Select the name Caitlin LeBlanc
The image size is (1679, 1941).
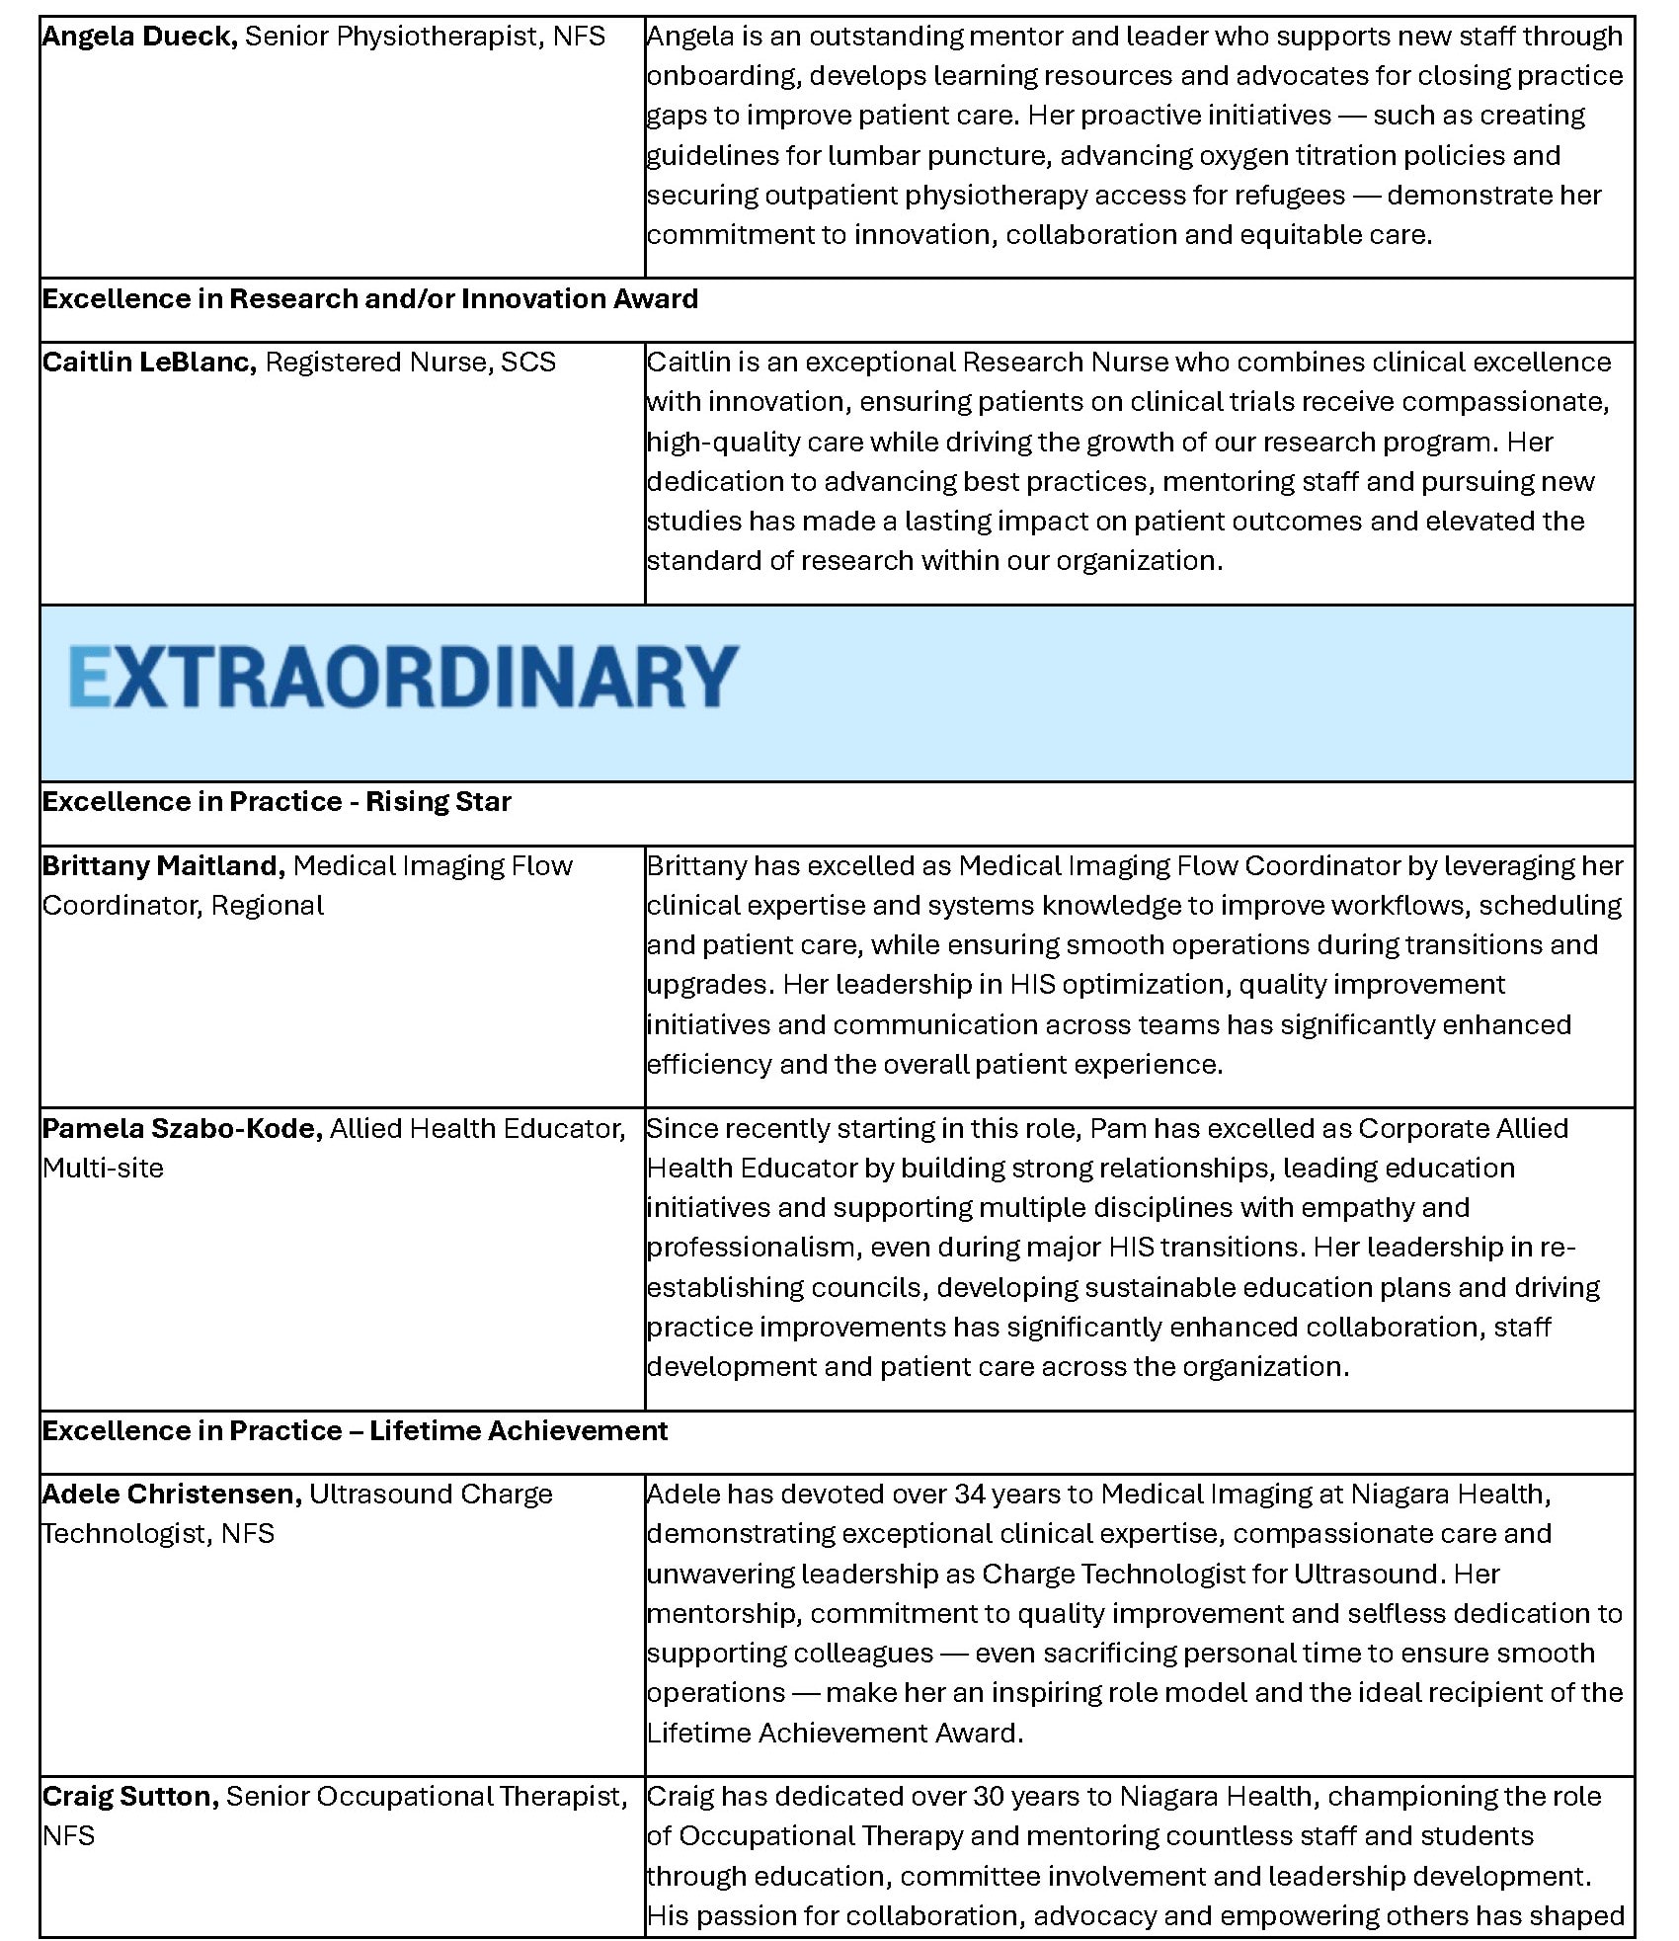(149, 363)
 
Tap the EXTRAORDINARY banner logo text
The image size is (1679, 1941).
(403, 677)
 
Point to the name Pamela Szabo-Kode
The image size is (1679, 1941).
(183, 1129)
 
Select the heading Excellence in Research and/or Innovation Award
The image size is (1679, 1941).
(370, 299)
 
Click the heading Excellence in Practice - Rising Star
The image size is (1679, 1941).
(277, 802)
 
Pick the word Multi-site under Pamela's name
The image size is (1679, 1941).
(103, 1169)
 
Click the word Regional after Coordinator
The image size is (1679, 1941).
(267, 906)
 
